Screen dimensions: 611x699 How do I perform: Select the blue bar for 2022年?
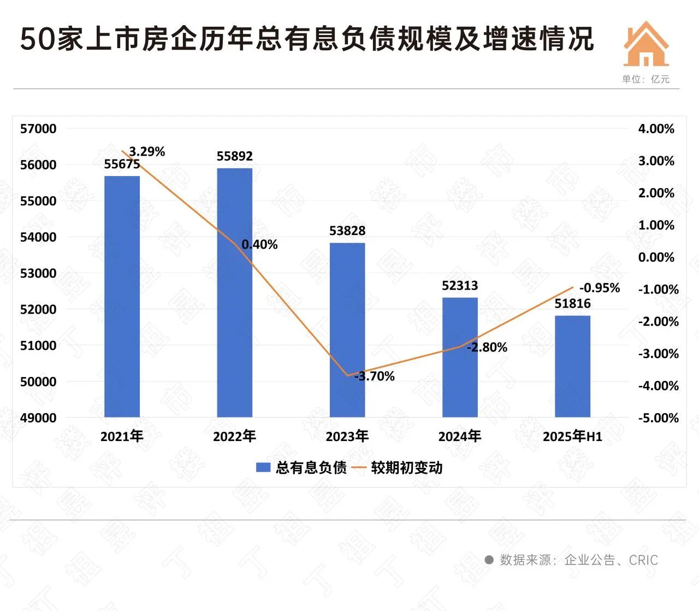pyautogui.click(x=235, y=292)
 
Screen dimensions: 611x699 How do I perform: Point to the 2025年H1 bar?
pyautogui.click(x=572, y=366)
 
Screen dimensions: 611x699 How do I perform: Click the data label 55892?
pyautogui.click(x=235, y=157)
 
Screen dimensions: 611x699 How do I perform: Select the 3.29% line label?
pyautogui.click(x=147, y=151)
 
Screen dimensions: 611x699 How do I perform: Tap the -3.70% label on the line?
pyautogui.click(x=375, y=376)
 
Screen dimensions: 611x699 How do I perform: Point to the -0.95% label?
pyautogui.click(x=600, y=287)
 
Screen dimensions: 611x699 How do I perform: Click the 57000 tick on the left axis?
pyautogui.click(x=38, y=129)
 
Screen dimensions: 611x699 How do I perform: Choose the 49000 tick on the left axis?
pyautogui.click(x=38, y=418)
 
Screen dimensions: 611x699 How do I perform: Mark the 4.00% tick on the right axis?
pyautogui.click(x=656, y=129)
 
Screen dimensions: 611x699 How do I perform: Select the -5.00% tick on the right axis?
pyautogui.click(x=658, y=418)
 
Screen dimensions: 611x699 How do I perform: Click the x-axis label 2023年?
pyautogui.click(x=347, y=436)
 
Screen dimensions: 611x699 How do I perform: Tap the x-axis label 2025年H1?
pyautogui.click(x=572, y=436)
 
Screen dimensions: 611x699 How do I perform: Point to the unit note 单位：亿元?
pyautogui.click(x=645, y=79)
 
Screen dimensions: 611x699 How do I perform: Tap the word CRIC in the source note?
pyautogui.click(x=643, y=560)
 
